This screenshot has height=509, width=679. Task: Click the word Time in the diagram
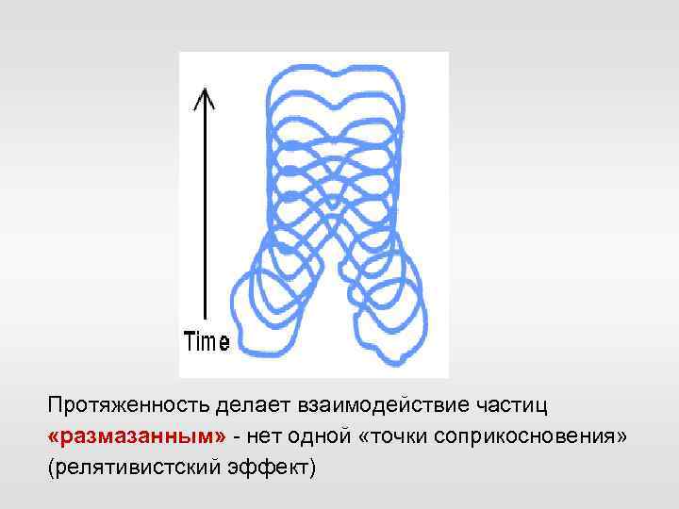pyautogui.click(x=206, y=342)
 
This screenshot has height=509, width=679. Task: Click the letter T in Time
pyautogui.click(x=189, y=342)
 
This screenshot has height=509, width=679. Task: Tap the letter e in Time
pyautogui.click(x=224, y=344)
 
